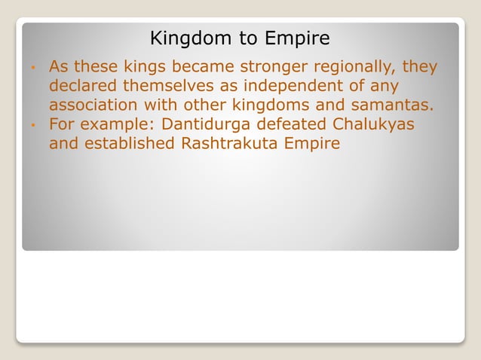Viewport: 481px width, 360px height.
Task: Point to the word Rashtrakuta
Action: click(230, 142)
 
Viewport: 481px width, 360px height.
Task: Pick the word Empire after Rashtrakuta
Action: click(310, 142)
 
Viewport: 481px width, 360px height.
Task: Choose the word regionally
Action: click(363, 67)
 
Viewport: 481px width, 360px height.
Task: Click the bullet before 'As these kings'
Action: click(34, 68)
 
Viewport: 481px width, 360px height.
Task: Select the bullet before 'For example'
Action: click(34, 124)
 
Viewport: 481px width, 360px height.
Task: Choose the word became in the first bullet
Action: click(201, 67)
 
